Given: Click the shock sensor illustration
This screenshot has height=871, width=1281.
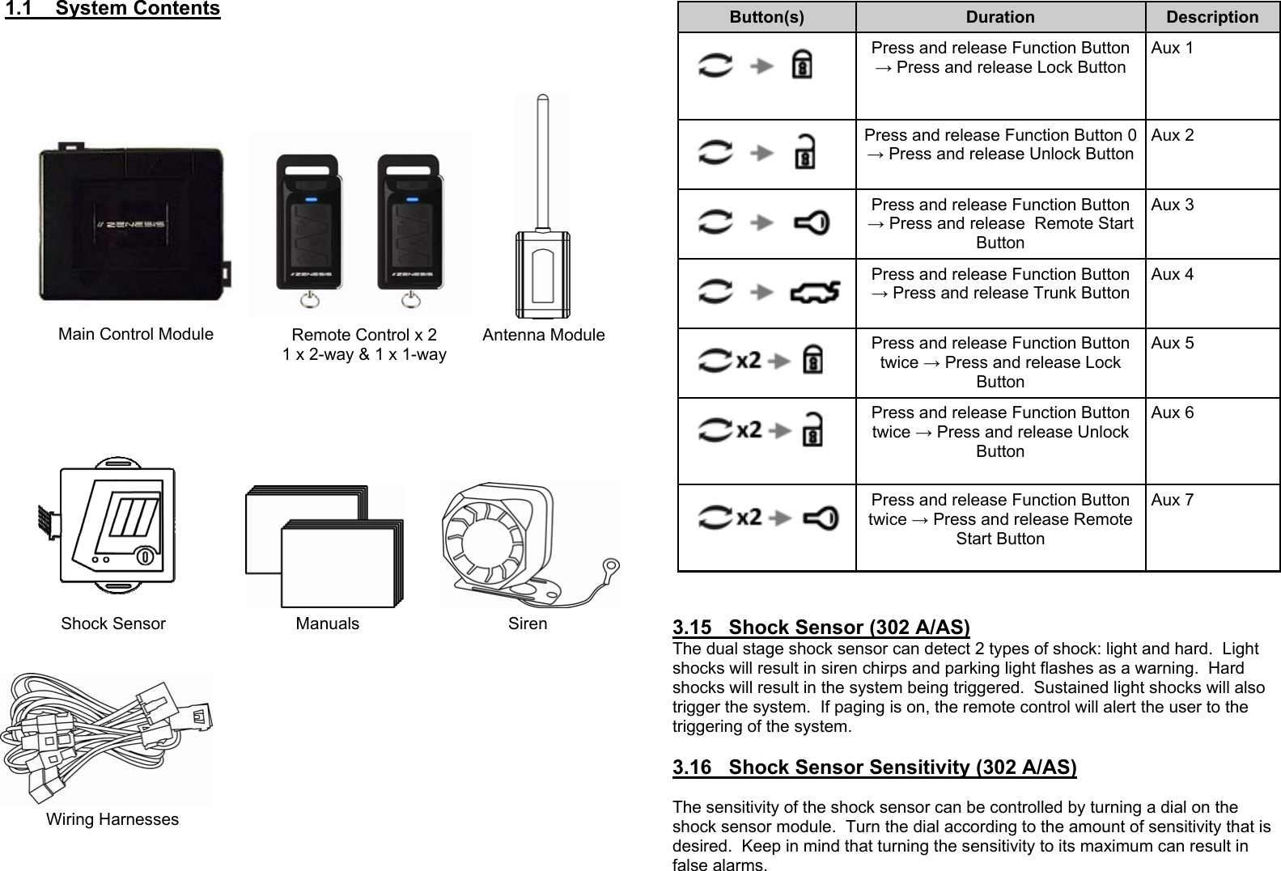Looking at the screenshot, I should (x=118, y=526).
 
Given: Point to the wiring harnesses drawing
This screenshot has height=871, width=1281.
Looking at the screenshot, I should (x=105, y=738).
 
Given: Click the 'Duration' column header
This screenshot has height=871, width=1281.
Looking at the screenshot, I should (x=1000, y=17).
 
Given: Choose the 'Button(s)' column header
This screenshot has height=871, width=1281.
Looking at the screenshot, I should (x=766, y=17).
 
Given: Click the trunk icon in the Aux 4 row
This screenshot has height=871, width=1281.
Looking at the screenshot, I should (x=815, y=290).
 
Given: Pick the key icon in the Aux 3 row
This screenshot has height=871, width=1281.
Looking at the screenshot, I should (x=812, y=222).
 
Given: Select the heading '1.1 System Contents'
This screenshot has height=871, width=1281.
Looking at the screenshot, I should (x=112, y=10).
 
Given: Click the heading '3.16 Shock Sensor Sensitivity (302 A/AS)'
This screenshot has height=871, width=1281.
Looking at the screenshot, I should (x=874, y=767).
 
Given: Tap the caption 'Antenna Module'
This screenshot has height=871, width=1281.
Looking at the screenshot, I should (x=543, y=335).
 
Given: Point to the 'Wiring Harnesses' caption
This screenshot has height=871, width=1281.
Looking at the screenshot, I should (x=112, y=819).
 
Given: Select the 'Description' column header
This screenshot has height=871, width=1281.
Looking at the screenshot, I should (x=1212, y=17).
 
